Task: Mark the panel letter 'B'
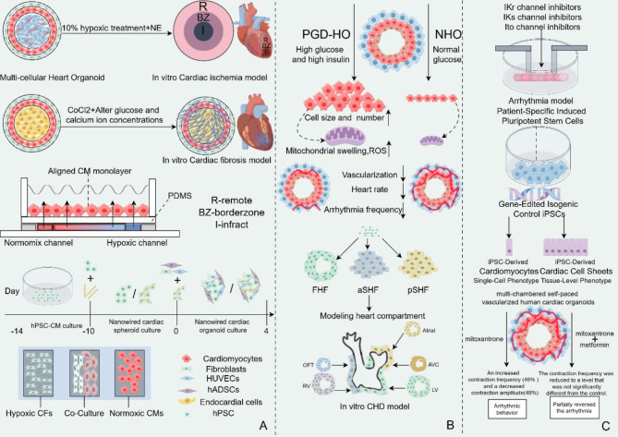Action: click(x=449, y=426)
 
